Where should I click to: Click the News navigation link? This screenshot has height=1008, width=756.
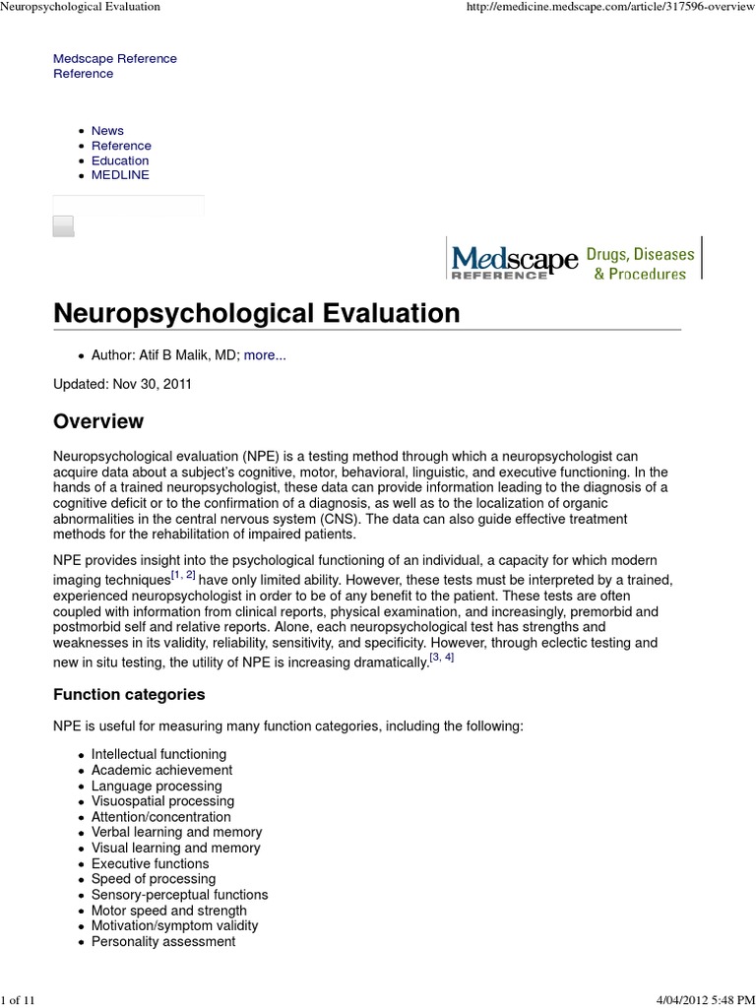tap(107, 131)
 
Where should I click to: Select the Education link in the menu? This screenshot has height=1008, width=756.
tap(120, 160)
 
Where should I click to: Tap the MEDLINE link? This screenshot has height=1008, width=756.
tap(120, 175)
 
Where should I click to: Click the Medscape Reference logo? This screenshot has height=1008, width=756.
tap(514, 263)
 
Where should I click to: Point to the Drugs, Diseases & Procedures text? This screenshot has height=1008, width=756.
tap(640, 264)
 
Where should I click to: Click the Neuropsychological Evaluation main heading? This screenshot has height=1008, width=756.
tap(256, 313)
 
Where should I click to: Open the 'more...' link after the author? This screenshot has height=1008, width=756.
tap(265, 355)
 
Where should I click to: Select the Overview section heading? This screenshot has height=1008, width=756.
tap(97, 421)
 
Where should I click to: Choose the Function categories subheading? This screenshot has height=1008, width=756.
tap(129, 694)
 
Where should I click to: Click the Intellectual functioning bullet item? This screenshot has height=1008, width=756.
tap(158, 754)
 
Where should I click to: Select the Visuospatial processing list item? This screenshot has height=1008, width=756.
tap(162, 801)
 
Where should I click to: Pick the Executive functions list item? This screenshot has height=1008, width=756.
tap(150, 863)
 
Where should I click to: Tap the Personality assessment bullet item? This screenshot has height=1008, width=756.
tap(163, 942)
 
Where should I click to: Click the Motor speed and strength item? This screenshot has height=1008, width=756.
tap(169, 911)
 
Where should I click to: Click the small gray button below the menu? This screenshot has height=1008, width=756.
tap(63, 226)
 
